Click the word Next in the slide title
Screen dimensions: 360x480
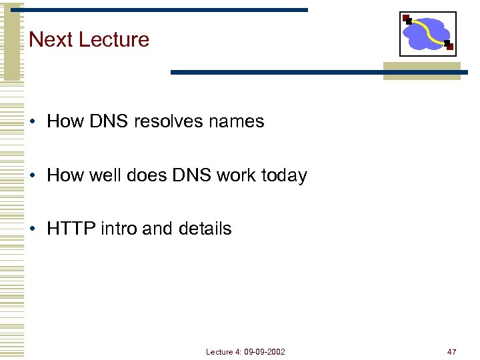click(x=51, y=39)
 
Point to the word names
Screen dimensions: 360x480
click(x=239, y=122)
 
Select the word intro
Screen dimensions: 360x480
click(x=119, y=229)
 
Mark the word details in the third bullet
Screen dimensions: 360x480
click(x=205, y=229)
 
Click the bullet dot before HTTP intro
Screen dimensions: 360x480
click(x=33, y=229)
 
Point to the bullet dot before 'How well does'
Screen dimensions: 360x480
click(x=33, y=176)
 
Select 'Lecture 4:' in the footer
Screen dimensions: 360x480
click(x=223, y=351)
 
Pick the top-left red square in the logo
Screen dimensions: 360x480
click(x=406, y=18)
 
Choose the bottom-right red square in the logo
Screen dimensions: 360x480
click(x=449, y=47)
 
